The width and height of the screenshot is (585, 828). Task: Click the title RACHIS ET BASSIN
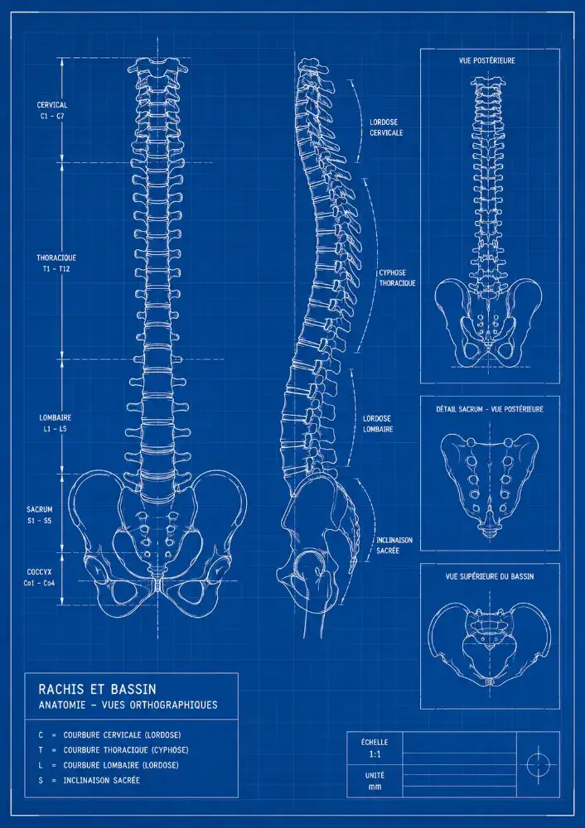click(97, 689)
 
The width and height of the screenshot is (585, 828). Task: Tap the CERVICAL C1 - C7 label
click(52, 110)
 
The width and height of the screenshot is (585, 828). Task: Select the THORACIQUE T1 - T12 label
click(56, 263)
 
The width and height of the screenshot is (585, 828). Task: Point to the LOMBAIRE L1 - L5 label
click(55, 423)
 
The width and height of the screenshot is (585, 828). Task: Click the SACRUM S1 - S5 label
click(40, 515)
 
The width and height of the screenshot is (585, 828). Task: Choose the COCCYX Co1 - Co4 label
click(39, 577)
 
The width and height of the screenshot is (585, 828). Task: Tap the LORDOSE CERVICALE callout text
click(386, 128)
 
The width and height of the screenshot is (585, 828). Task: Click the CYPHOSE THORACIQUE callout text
click(397, 277)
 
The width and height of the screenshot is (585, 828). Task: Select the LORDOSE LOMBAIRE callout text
click(378, 423)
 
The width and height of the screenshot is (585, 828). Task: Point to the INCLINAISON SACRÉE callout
click(394, 546)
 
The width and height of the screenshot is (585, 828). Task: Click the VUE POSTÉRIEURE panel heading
click(486, 60)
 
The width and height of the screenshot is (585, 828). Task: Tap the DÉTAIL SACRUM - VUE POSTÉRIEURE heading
click(490, 409)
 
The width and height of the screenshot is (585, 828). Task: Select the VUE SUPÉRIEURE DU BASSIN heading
click(490, 576)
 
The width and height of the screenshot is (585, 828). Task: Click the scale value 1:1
click(375, 754)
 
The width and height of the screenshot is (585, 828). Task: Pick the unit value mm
click(375, 787)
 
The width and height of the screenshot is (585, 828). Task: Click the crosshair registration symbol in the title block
click(538, 764)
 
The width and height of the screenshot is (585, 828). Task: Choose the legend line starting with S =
click(89, 780)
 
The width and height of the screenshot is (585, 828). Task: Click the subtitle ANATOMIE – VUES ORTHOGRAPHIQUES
click(128, 705)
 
